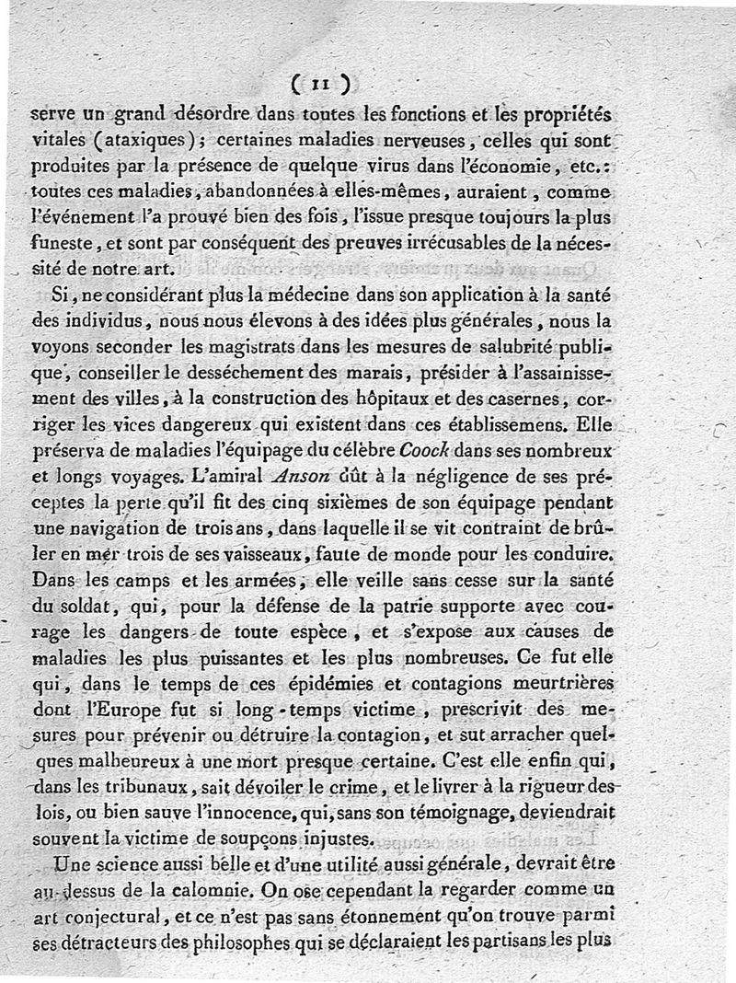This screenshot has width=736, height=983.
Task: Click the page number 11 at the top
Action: point(319,86)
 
